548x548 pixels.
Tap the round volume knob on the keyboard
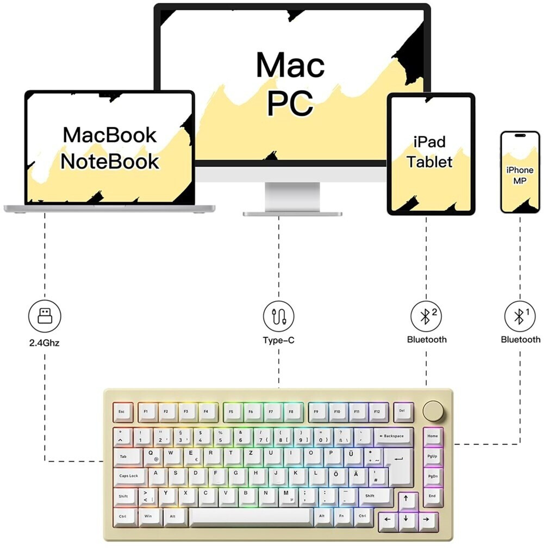[x=433, y=410]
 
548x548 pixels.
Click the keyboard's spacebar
[x=251, y=516]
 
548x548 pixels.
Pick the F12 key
[x=377, y=412]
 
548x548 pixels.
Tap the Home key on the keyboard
[x=433, y=437]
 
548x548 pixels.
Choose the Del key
[x=402, y=412]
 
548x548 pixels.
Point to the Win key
[x=148, y=516]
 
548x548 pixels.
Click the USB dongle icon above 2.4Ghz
[x=45, y=316]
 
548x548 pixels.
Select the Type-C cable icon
[x=279, y=316]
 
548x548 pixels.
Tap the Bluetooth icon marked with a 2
[x=426, y=316]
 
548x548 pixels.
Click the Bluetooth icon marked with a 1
[x=520, y=316]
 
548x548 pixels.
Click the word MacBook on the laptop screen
[x=110, y=135]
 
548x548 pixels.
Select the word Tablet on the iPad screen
[x=430, y=161]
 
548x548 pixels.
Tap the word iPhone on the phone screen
[x=520, y=170]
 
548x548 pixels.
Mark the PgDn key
[x=433, y=476]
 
